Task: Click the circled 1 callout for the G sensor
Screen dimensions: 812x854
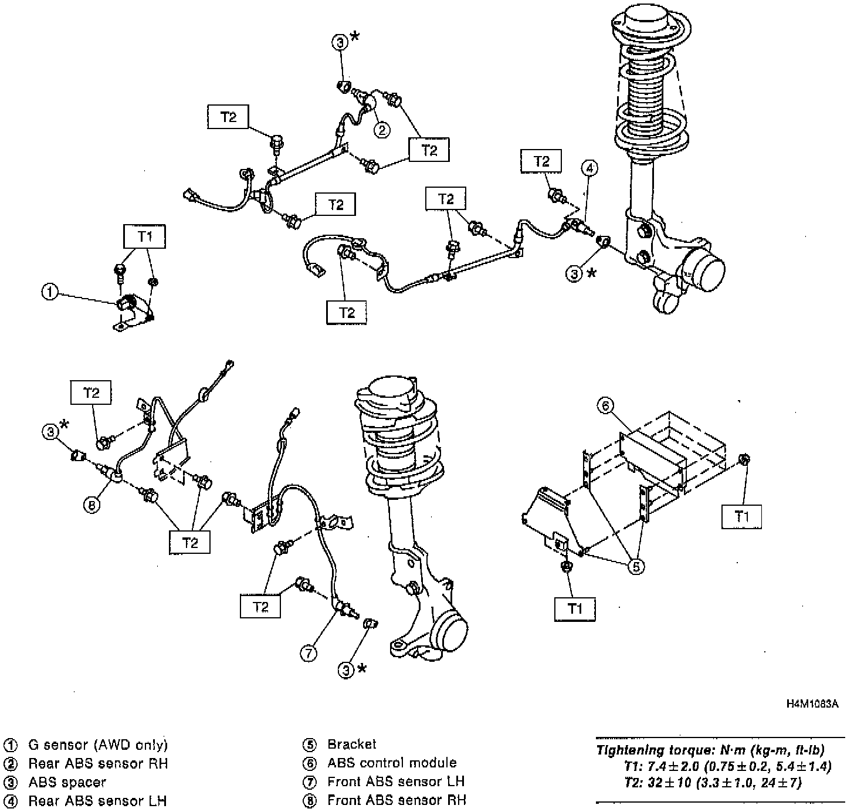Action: [x=50, y=291]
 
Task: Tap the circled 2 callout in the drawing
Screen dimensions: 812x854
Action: [x=382, y=129]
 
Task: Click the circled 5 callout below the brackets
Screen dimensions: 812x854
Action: [x=637, y=566]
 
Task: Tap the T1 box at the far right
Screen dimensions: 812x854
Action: [x=742, y=517]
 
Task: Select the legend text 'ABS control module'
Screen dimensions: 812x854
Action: [x=392, y=763]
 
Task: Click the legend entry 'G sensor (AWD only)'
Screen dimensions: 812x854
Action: [x=98, y=745]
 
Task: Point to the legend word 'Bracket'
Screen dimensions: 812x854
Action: [x=352, y=744]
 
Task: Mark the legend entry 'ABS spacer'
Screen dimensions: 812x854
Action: [x=67, y=782]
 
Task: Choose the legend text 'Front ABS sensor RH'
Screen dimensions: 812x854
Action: [x=396, y=800]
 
